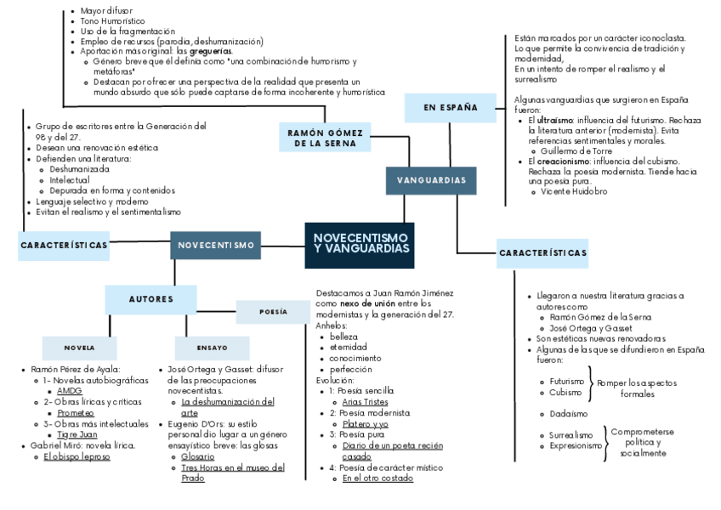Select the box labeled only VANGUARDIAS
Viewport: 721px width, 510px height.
431,180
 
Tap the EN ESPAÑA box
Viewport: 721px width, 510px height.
450,107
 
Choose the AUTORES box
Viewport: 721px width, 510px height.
150,299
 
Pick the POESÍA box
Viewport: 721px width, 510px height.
273,312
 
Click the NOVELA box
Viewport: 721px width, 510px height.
79,348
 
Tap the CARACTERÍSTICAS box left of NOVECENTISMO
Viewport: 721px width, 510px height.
64,245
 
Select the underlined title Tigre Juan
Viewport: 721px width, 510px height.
77,434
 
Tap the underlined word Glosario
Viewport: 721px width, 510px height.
197,456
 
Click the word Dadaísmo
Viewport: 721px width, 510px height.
568,414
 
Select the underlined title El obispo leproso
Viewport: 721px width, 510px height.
77,456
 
